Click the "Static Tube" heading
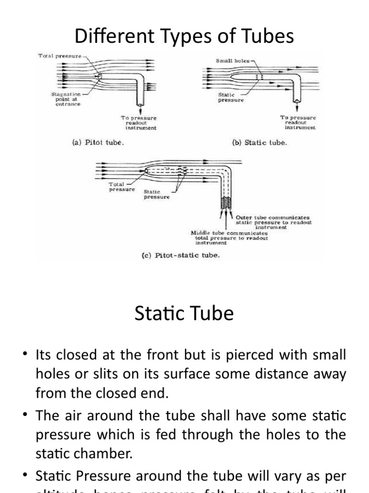[x=184, y=313]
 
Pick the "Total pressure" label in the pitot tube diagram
[x=60, y=56]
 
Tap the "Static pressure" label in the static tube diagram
[x=231, y=98]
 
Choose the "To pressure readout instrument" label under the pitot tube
[x=138, y=123]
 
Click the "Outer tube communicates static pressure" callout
[x=273, y=222]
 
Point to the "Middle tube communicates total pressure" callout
[x=230, y=238]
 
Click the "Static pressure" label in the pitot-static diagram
[x=157, y=194]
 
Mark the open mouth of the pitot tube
[x=98, y=77]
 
